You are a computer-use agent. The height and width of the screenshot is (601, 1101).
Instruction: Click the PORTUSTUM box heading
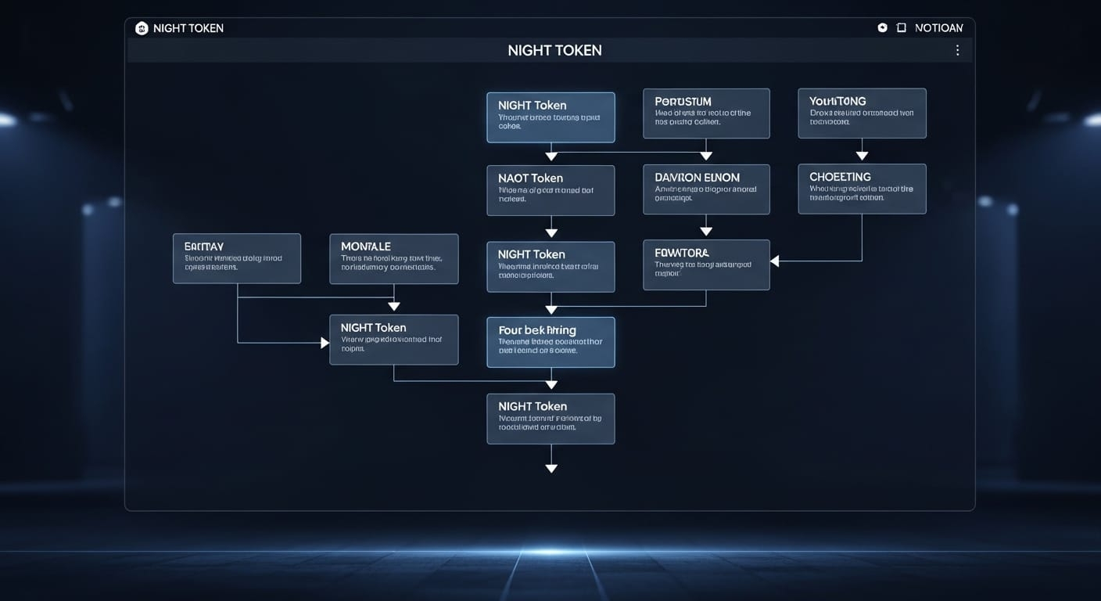pos(683,102)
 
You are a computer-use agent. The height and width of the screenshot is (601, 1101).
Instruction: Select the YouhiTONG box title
pos(837,101)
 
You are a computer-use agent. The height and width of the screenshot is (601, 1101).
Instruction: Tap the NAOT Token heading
pos(530,178)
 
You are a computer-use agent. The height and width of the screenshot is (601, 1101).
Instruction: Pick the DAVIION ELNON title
pos(697,177)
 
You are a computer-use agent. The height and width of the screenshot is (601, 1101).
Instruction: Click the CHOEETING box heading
pos(840,177)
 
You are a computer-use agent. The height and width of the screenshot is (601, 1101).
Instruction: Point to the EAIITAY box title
pos(204,247)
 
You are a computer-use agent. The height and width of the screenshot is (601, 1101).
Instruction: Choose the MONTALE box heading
pos(365,247)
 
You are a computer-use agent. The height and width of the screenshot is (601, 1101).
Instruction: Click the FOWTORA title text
pos(681,253)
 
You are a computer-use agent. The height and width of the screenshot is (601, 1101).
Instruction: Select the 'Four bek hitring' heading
pos(536,330)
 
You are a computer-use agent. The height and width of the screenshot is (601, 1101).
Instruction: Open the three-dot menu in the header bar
pos(957,50)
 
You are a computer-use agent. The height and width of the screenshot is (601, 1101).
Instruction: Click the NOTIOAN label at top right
pos(938,28)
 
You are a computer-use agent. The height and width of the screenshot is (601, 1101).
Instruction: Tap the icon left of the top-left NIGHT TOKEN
pos(142,28)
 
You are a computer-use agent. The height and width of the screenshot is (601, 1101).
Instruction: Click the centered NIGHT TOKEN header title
pos(554,50)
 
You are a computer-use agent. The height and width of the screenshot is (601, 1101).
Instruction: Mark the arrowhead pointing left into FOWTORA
pos(775,261)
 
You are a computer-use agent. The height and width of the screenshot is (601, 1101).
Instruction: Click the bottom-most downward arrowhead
pos(551,468)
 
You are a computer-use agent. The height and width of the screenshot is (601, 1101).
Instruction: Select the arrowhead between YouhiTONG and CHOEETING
pos(862,156)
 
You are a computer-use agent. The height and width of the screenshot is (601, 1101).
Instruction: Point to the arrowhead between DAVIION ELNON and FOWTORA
pos(706,231)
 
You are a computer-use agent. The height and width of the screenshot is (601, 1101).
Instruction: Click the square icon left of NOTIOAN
pos(901,27)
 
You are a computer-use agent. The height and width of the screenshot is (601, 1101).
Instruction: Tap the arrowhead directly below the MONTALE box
pos(394,306)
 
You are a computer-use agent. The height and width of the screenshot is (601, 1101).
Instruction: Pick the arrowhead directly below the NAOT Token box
pos(551,232)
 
